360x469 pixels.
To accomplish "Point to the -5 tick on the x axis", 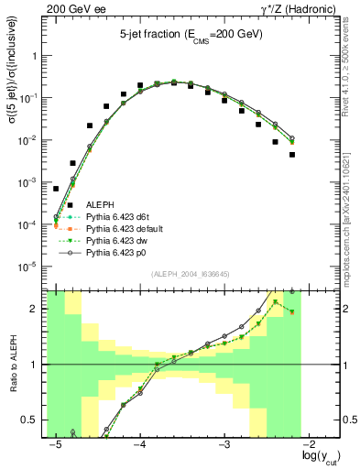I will tap(56, 444).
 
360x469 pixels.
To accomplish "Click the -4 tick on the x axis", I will tap(140, 444).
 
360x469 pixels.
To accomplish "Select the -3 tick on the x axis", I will tap(224, 444).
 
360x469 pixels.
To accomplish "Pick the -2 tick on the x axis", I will tap(309, 444).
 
